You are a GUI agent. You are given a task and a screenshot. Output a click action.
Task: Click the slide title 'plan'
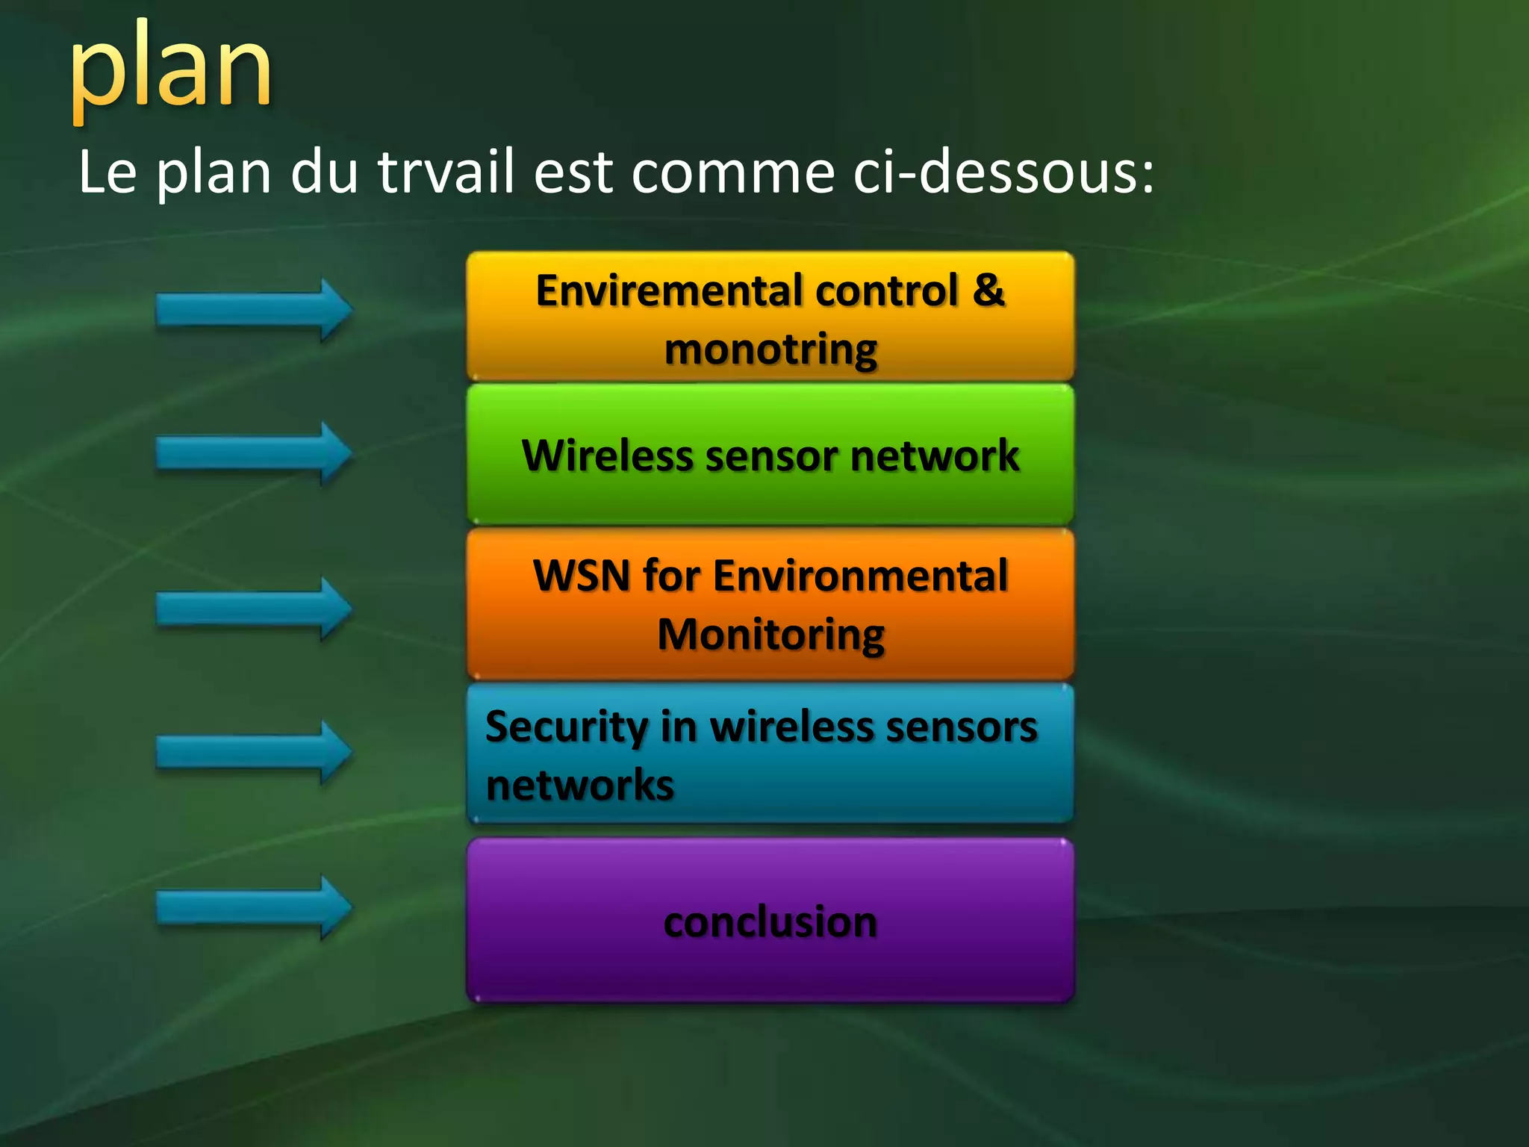point(171,71)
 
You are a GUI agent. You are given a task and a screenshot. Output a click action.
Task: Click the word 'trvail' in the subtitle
point(446,172)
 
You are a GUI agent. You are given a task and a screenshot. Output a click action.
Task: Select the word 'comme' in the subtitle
point(732,172)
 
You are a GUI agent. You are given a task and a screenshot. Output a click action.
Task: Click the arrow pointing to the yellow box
point(254,310)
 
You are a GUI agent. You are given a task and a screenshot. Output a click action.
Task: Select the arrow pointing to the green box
point(254,453)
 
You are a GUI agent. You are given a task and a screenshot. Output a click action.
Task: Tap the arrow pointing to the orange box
point(254,609)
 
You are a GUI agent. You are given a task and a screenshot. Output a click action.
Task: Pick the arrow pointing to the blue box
point(254,752)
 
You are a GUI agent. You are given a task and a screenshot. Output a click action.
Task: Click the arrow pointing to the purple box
point(254,907)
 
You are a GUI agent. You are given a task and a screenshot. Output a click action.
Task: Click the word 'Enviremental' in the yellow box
point(669,290)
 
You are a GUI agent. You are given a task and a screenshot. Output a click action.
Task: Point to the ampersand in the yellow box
point(988,290)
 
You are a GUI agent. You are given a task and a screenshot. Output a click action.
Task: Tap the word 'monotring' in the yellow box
point(770,349)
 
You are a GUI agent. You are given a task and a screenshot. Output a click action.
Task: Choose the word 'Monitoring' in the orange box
point(770,635)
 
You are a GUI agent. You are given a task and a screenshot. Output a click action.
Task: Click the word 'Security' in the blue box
point(566,727)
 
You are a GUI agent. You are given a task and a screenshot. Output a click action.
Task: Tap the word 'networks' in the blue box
point(579,786)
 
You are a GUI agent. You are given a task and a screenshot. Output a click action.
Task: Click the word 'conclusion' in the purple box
point(770,922)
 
